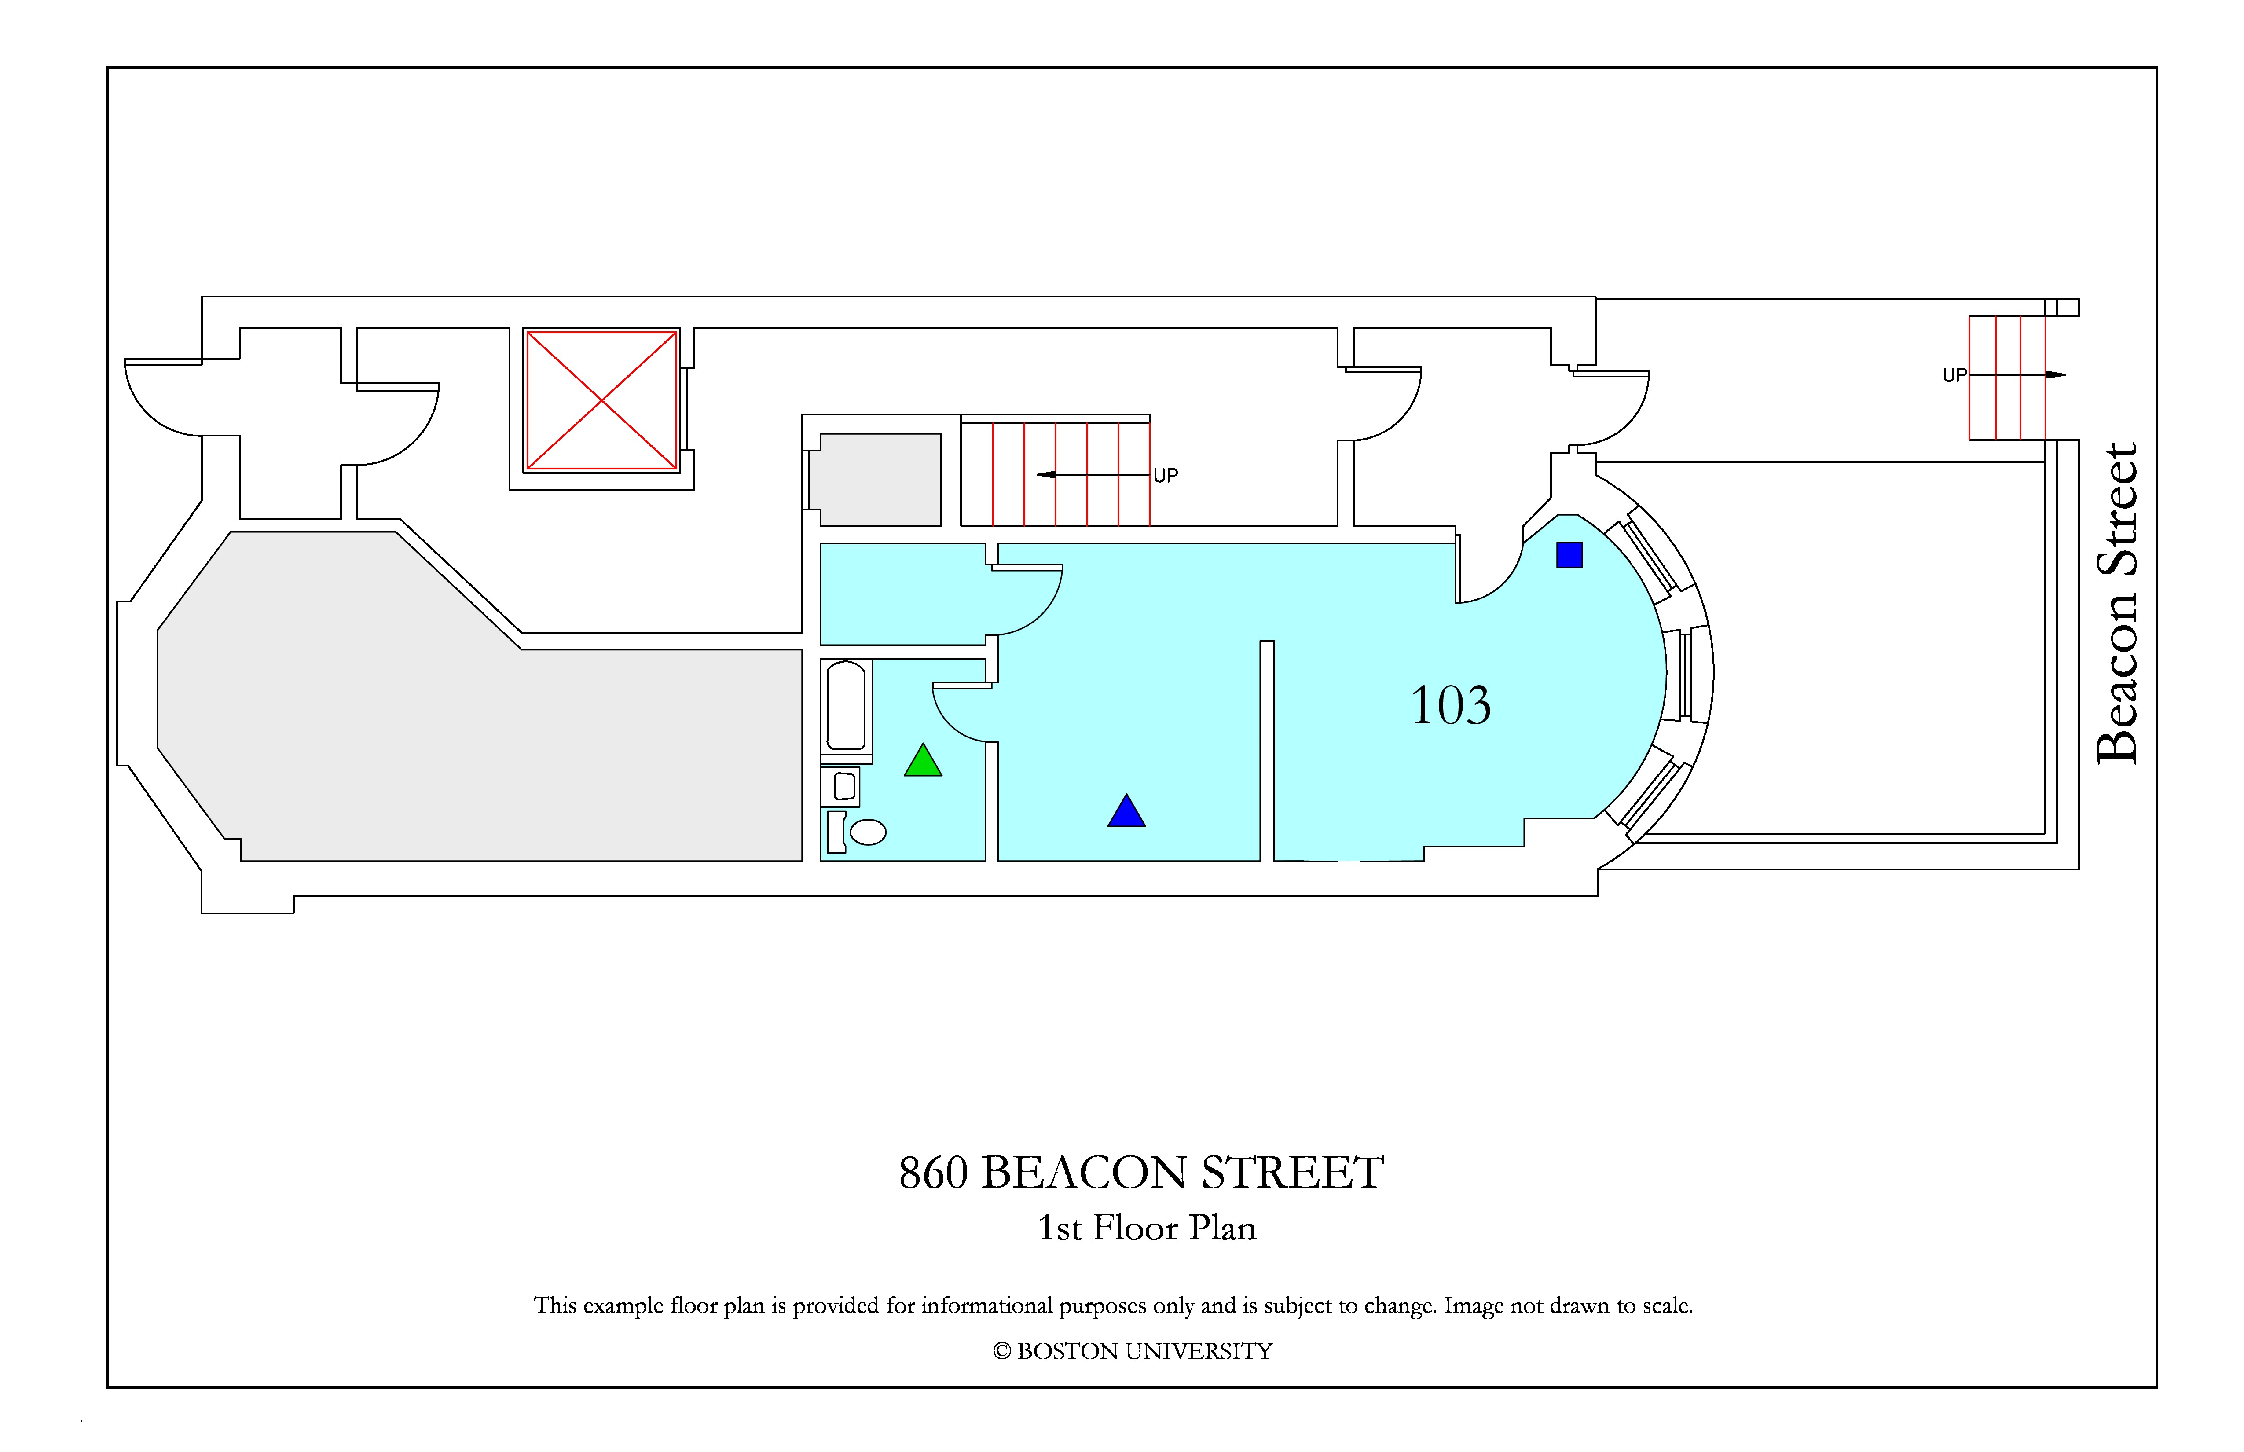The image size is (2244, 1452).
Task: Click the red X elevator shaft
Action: tap(601, 400)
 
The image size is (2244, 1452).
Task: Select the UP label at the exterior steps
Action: tap(1954, 375)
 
